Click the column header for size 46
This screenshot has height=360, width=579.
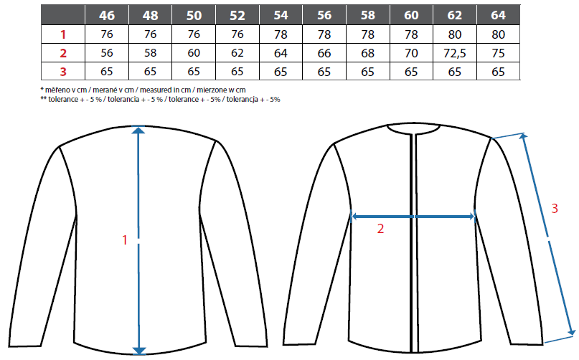[x=107, y=15]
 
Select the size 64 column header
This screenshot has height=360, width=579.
[x=498, y=15]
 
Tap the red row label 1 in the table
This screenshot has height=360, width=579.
[x=63, y=34]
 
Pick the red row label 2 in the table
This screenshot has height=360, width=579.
[x=63, y=53]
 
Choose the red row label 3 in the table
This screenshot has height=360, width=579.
[x=63, y=72]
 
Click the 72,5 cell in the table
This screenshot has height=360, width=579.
[x=455, y=53]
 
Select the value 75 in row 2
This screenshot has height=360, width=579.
[x=498, y=53]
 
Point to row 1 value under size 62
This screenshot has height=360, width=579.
[x=455, y=34]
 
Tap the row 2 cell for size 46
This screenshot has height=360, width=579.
[x=107, y=53]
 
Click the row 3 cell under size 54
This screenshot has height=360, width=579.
[x=281, y=72]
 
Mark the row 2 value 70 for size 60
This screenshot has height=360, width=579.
[x=411, y=53]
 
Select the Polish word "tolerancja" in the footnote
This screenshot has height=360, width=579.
[x=243, y=100]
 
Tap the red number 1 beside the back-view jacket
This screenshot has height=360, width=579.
[x=125, y=240]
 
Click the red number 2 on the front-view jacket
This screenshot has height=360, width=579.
[x=381, y=229]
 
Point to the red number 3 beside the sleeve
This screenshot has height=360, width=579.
[x=555, y=209]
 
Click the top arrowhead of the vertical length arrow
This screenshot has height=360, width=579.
[x=138, y=130]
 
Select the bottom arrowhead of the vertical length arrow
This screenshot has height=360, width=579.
[x=138, y=351]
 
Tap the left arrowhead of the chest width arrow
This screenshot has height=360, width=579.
[x=354, y=217]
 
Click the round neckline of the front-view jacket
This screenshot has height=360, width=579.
[x=413, y=129]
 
